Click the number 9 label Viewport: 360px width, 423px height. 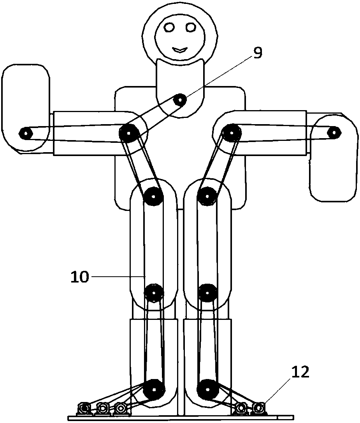pyautogui.click(x=257, y=53)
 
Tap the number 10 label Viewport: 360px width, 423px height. pyautogui.click(x=79, y=277)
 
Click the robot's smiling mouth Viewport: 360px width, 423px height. pyautogui.click(x=180, y=50)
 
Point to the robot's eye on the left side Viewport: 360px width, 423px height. pyautogui.click(x=169, y=27)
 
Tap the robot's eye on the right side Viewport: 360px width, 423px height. pyautogui.click(x=191, y=27)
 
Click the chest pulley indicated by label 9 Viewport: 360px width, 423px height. pyautogui.click(x=180, y=100)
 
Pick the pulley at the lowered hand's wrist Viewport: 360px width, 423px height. pyautogui.click(x=334, y=132)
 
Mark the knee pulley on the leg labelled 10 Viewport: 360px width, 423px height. pyautogui.click(x=154, y=292)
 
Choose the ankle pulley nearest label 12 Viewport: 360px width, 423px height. pyautogui.click(x=207, y=389)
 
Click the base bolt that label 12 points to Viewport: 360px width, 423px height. pyautogui.click(x=259, y=407)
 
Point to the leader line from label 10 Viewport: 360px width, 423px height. pyautogui.click(x=117, y=276)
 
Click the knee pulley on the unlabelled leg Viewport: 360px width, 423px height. pyautogui.click(x=207, y=292)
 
